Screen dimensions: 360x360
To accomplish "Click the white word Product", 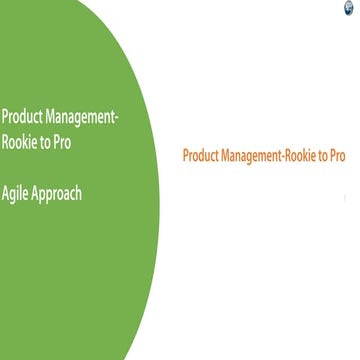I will [x=20, y=117].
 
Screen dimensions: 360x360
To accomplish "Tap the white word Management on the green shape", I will [x=79, y=117].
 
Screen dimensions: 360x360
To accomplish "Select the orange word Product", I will [x=204, y=156].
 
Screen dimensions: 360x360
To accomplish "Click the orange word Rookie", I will [x=308, y=156].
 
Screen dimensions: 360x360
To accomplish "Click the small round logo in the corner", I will [x=349, y=7].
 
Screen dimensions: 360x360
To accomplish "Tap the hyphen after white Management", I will [x=118, y=118].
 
